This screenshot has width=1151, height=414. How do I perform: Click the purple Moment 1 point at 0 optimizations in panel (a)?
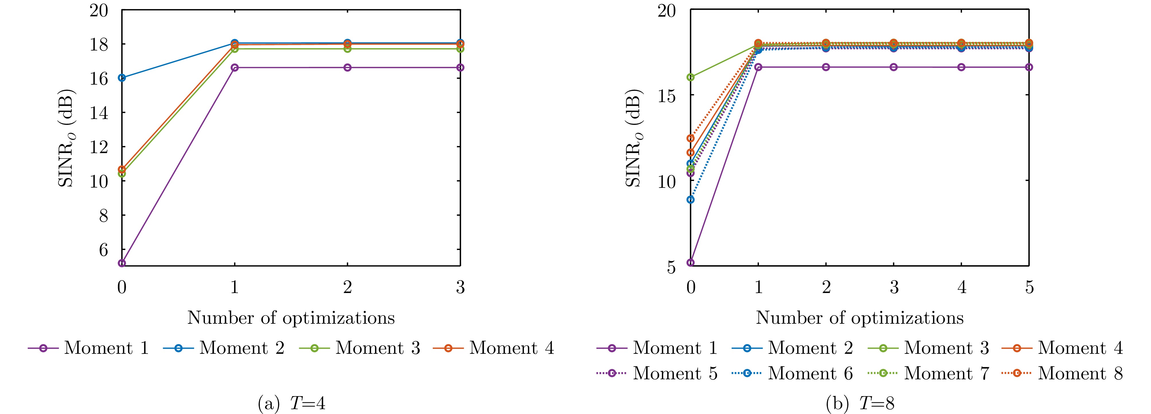[122, 263]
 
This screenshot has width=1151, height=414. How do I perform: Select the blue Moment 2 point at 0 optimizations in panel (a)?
[122, 78]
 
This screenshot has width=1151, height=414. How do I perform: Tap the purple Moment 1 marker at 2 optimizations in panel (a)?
[348, 67]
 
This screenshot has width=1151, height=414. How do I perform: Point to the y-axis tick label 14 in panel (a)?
[99, 113]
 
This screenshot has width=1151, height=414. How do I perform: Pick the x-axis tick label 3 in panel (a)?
[460, 287]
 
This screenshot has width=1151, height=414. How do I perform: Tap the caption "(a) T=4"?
[291, 404]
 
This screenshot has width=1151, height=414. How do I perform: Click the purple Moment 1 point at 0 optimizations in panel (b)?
[691, 262]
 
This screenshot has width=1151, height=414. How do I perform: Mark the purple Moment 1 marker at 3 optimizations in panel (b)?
[894, 67]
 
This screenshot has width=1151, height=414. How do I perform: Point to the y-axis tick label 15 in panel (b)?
[667, 96]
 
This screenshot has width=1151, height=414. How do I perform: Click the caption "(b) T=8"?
[860, 404]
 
